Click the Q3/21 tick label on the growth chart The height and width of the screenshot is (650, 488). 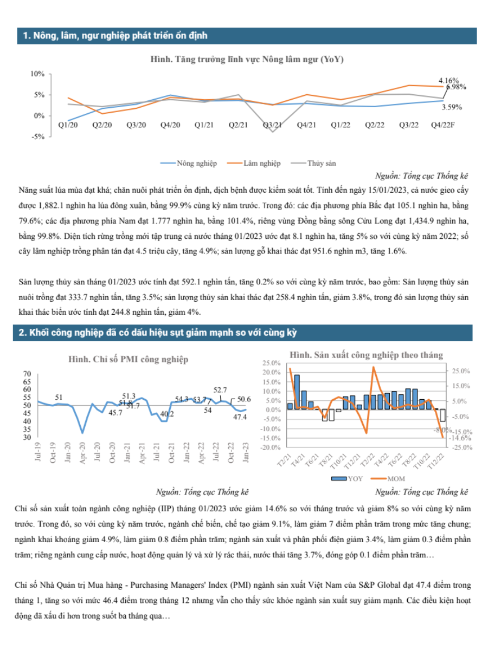pos(272,125)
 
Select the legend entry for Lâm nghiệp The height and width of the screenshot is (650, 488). pos(253,163)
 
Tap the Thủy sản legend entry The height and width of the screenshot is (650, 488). pos(313,163)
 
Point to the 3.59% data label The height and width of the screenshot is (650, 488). pos(452,107)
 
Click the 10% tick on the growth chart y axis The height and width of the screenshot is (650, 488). pos(37,74)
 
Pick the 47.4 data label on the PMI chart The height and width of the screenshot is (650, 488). pos(240,417)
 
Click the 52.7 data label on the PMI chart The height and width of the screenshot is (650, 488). pos(220,389)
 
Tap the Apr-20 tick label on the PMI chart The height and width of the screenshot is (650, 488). pos(82,453)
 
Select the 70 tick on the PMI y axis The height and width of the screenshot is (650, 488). pos(27,374)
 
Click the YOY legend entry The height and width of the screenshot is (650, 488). pos(347,479)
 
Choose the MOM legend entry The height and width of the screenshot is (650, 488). pos(388,479)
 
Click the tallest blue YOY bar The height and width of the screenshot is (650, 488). pos(297,392)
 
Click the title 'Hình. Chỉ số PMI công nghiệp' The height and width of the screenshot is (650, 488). pos(129,359)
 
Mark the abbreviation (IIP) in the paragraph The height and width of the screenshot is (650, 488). pos(168,509)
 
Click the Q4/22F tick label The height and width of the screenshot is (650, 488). pos(442,125)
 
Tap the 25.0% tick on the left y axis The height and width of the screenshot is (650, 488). pos(271,363)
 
